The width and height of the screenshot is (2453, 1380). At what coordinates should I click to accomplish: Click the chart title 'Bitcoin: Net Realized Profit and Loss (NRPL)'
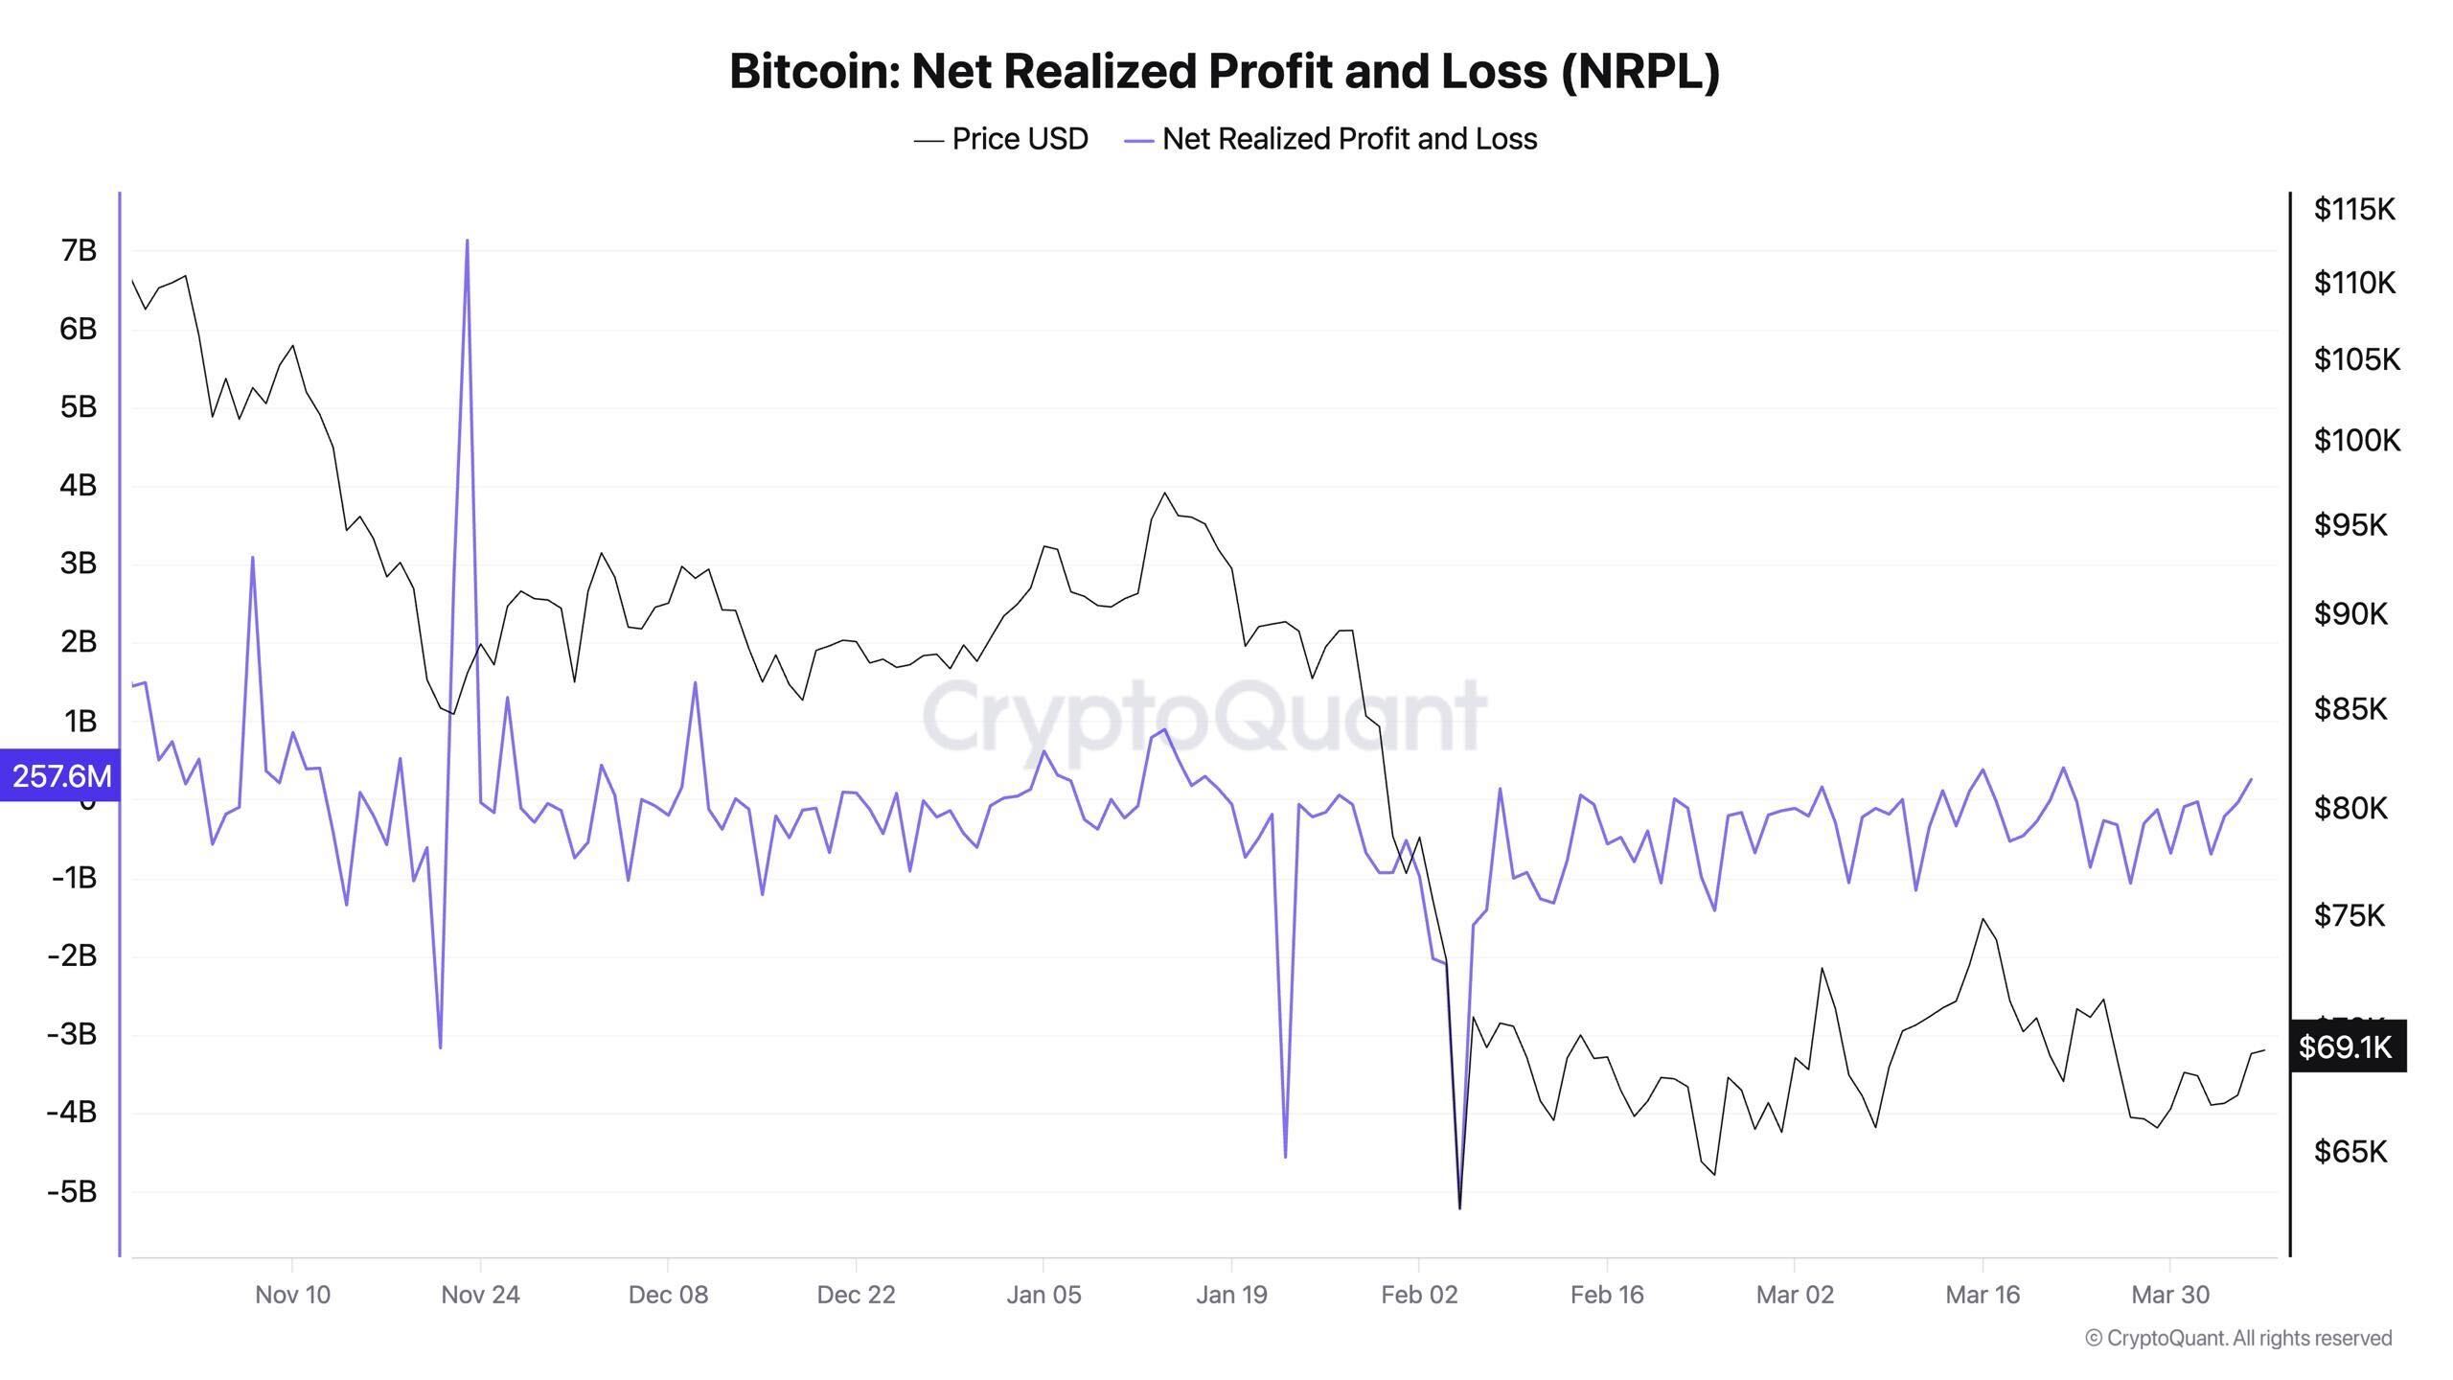(1225, 71)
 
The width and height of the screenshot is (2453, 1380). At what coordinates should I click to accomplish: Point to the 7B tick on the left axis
(79, 250)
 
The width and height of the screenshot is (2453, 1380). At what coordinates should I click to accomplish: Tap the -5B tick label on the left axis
(73, 1191)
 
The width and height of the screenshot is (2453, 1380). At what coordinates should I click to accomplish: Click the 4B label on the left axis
(79, 485)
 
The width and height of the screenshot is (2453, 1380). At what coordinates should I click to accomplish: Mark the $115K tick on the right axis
(2353, 209)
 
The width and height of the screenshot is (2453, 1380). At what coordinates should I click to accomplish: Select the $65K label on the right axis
(2350, 1150)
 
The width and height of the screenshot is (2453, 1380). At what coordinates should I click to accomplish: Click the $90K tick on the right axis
(2350, 613)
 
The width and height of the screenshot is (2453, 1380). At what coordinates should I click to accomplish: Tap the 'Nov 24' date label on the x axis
(480, 1295)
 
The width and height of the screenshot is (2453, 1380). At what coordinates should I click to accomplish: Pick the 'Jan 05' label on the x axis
(1043, 1295)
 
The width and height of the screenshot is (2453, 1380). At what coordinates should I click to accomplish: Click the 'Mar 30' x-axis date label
(2170, 1295)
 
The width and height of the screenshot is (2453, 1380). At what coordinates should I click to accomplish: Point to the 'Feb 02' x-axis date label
(1419, 1295)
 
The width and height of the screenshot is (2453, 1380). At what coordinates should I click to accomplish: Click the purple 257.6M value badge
(59, 775)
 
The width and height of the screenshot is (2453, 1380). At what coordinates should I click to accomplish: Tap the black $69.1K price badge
(2346, 1046)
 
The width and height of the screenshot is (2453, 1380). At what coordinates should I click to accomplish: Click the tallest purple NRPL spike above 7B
(467, 241)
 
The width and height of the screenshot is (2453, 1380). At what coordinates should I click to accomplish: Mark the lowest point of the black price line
(1459, 1207)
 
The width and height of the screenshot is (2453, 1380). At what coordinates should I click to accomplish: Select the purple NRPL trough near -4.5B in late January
(1285, 1155)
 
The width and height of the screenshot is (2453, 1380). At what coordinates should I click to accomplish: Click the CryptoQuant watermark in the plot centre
(1204, 717)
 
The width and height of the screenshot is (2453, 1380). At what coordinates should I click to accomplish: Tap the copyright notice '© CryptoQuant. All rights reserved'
(2238, 1338)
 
